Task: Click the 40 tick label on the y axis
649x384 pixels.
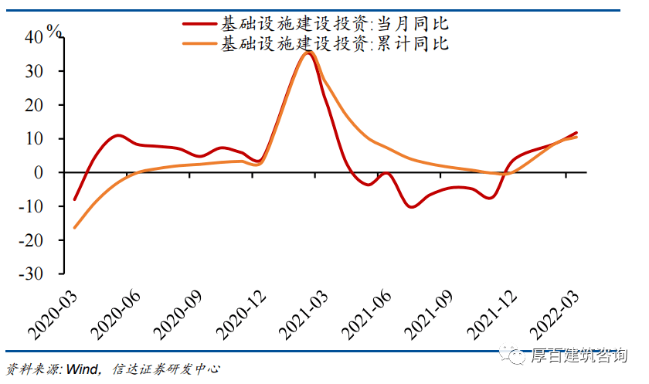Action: click(x=36, y=37)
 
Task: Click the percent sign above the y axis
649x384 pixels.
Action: click(x=54, y=31)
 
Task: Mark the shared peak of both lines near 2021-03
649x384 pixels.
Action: click(x=309, y=52)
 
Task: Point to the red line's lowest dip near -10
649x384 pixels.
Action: click(x=411, y=207)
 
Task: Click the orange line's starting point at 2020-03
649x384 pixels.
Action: click(x=75, y=228)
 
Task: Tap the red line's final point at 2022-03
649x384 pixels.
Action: click(x=576, y=133)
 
